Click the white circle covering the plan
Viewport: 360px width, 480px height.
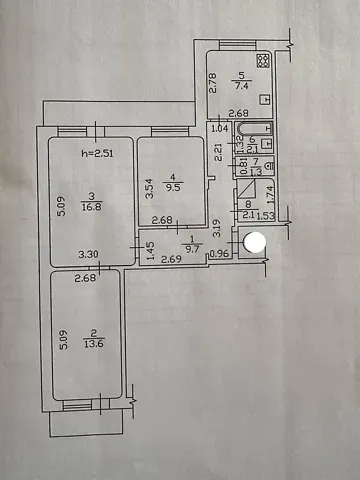point(255,241)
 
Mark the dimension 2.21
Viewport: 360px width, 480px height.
point(218,153)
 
